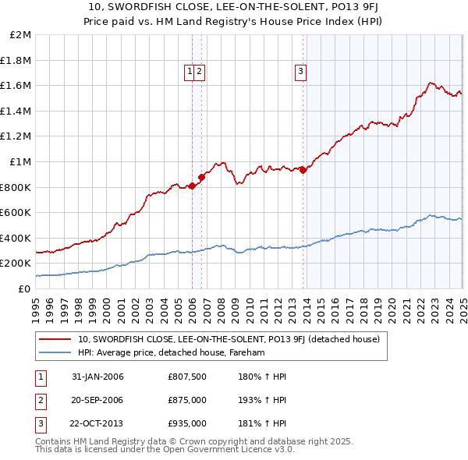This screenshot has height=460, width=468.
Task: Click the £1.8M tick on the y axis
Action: click(16, 60)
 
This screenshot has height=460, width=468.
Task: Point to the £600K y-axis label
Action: click(16, 212)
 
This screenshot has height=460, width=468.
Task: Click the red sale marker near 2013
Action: click(303, 170)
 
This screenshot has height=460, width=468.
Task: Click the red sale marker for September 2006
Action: click(201, 177)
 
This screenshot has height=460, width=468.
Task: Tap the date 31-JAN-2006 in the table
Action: click(97, 377)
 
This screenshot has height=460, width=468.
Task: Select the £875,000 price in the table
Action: click(186, 400)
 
